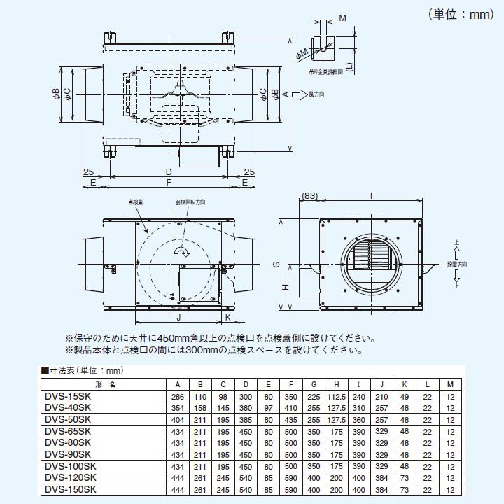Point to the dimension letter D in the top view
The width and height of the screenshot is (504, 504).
[169, 171]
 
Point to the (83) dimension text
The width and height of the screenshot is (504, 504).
[310, 196]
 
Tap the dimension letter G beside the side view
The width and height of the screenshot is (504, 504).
[276, 264]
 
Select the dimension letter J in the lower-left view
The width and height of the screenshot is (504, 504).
[179, 318]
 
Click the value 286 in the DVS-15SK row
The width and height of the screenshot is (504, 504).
[178, 396]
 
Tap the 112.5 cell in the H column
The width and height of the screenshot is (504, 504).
[337, 396]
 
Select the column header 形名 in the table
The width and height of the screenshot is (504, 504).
[98, 384]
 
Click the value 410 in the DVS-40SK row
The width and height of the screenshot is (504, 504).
[291, 407]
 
